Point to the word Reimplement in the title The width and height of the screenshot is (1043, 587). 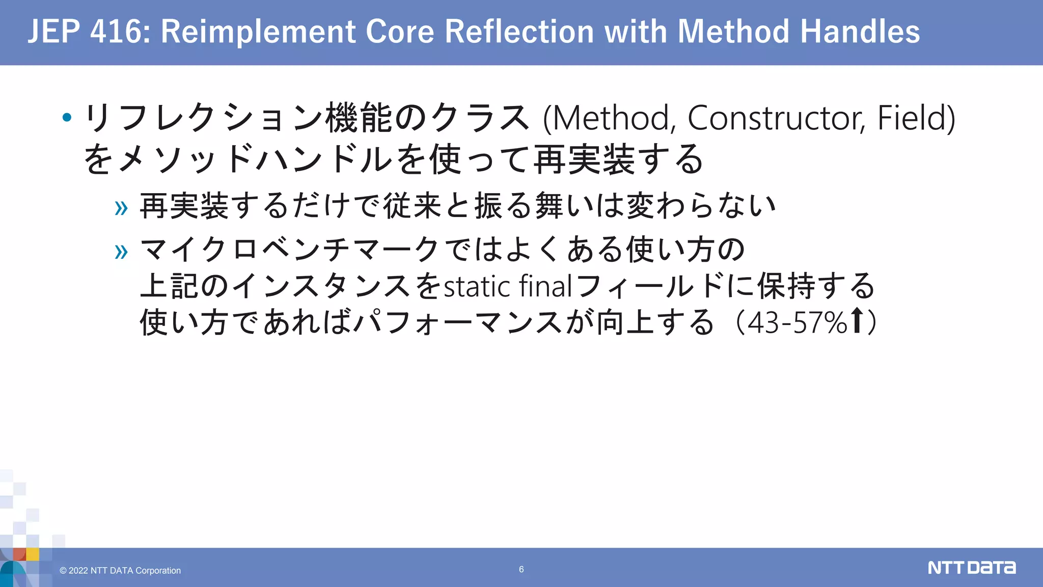tap(258, 32)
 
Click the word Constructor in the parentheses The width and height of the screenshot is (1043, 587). tap(776, 118)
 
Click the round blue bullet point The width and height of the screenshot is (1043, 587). tap(67, 118)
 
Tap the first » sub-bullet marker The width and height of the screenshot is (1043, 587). tap(121, 208)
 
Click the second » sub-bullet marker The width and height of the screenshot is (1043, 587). tap(121, 251)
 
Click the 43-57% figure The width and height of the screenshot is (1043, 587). tap(797, 323)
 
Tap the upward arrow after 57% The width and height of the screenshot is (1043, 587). tap(858, 321)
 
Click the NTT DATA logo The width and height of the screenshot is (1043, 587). tap(971, 568)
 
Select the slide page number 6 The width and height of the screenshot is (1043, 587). tap(521, 569)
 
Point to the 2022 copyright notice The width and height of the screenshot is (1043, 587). tap(120, 571)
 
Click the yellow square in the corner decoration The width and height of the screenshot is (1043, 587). tap(33, 554)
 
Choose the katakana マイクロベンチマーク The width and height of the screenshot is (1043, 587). tap(289, 250)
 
